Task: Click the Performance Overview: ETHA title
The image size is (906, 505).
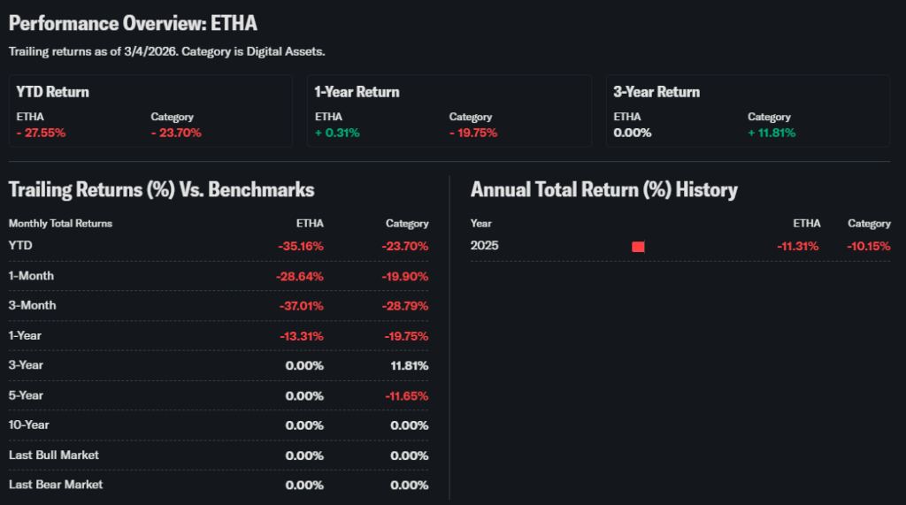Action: (134, 23)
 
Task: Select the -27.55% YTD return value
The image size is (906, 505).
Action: (41, 133)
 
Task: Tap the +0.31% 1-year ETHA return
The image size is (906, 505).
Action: (337, 133)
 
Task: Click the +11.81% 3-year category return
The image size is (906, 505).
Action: (772, 133)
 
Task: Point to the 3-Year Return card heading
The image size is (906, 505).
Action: (656, 92)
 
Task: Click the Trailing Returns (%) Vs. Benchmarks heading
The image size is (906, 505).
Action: (162, 189)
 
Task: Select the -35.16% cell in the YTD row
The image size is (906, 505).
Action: (301, 246)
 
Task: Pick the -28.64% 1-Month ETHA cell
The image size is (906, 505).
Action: (300, 276)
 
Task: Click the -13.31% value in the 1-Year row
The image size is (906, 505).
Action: (301, 336)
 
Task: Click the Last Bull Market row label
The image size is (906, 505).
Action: (54, 455)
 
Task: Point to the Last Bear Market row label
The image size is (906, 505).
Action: (56, 485)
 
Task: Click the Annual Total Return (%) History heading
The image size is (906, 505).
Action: (604, 189)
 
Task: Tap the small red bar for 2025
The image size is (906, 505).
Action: (638, 246)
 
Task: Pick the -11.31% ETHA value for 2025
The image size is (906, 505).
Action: (797, 246)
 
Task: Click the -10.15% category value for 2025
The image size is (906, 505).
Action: (868, 246)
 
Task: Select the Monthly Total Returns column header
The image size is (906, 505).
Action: (60, 224)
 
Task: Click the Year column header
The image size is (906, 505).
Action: (481, 224)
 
